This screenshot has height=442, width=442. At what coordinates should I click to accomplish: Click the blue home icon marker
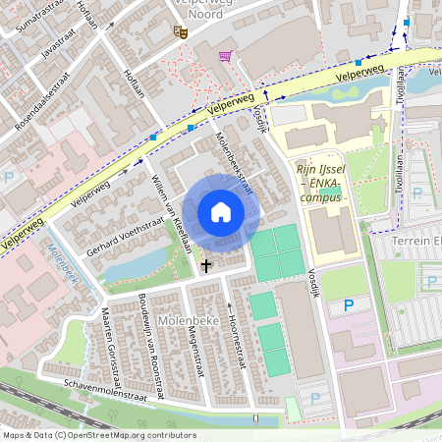click(x=221, y=212)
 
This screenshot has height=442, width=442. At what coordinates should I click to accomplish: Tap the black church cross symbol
click(x=206, y=265)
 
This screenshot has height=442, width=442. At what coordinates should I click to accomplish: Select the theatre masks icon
click(x=180, y=31)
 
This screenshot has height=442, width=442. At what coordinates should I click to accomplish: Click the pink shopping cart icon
click(x=227, y=56)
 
